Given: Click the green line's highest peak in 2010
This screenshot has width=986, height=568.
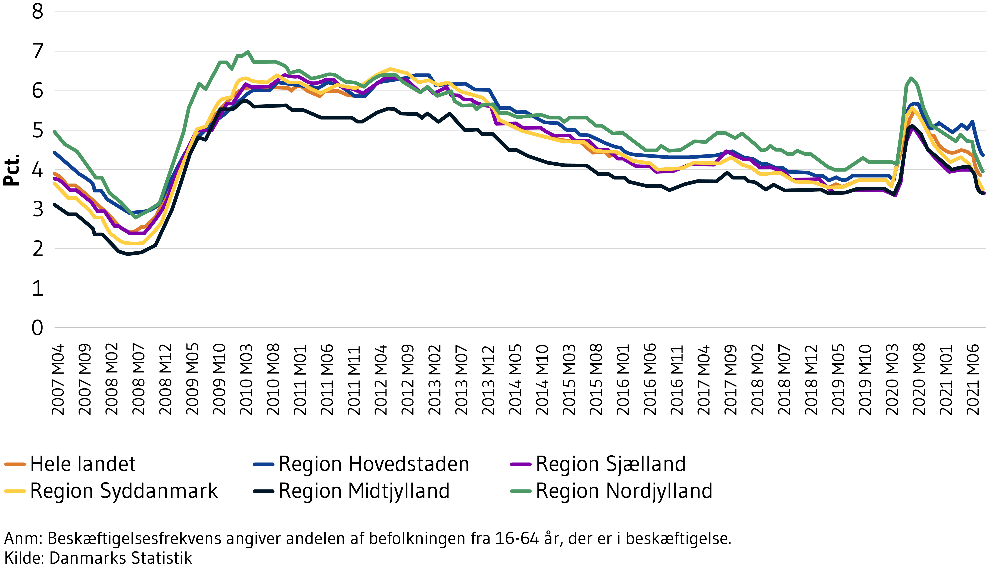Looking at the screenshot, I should [248, 52].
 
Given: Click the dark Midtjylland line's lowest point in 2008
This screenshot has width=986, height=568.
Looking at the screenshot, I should [127, 254].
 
